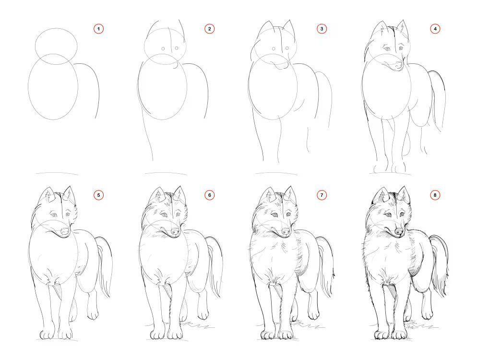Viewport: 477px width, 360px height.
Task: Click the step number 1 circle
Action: pos(98,29)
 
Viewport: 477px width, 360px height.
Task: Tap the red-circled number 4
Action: pos(435,29)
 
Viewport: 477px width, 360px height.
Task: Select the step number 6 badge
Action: pos(209,195)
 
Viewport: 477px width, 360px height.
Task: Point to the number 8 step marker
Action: pos(435,195)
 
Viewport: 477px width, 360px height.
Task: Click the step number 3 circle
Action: pos(322,29)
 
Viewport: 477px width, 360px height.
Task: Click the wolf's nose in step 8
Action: pos(399,232)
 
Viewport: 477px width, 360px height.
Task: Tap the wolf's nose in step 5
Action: pos(65,231)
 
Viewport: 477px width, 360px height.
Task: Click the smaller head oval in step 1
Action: pos(56,46)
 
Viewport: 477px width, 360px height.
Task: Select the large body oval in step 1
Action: pos(53,87)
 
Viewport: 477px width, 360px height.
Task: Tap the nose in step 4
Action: pos(398,65)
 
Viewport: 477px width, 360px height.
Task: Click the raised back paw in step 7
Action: pos(313,313)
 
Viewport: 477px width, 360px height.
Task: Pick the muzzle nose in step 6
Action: pos(175,231)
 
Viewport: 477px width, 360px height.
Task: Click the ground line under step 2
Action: pos(166,174)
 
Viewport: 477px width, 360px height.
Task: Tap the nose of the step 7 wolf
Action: pos(286,231)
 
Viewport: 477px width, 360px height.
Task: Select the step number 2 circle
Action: pos(209,29)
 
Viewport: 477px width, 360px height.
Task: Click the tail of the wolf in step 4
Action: pos(438,100)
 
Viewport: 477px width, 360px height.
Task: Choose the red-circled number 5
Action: pos(98,195)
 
